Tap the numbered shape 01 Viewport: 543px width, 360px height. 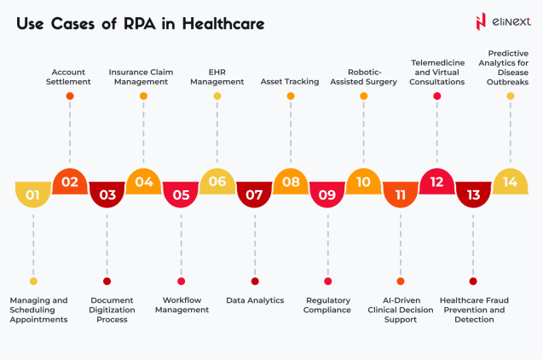point(32,195)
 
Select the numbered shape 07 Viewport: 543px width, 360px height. point(254,195)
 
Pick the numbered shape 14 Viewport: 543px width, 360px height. point(510,181)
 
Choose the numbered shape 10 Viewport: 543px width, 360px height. point(363,181)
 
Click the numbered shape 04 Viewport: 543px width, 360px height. point(143,181)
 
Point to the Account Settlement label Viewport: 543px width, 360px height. point(70,77)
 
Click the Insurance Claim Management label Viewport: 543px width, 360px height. point(143,77)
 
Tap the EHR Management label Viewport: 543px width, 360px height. point(217,77)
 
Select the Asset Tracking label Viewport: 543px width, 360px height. point(290,82)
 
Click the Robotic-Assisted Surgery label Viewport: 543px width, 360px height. point(363,77)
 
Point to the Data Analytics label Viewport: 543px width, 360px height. point(255,300)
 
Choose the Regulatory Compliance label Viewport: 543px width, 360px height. point(328,305)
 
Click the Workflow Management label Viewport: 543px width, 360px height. point(182,305)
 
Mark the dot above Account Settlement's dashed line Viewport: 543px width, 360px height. point(70,96)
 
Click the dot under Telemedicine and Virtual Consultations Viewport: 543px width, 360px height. point(436,96)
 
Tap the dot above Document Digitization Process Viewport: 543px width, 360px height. point(107,281)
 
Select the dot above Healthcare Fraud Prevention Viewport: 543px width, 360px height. point(473,281)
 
